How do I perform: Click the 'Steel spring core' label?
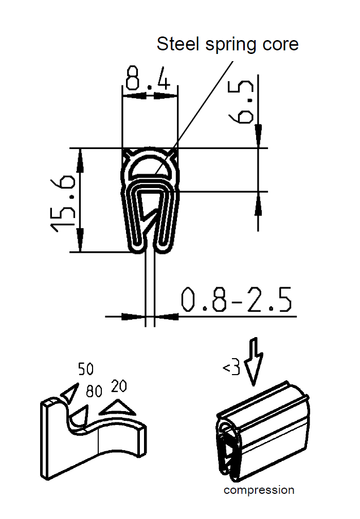(x=227, y=44)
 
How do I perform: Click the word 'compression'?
(x=259, y=490)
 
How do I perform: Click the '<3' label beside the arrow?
(x=231, y=368)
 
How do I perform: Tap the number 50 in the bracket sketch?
(x=86, y=369)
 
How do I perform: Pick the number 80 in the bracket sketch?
(x=94, y=392)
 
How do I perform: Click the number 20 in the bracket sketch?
(x=119, y=386)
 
